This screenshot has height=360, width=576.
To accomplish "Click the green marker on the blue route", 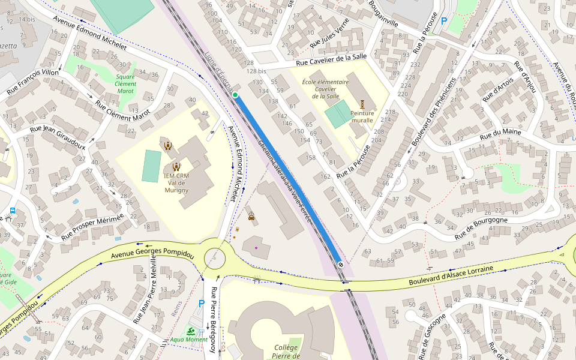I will [x=235, y=95].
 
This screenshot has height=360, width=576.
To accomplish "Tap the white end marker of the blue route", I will [x=341, y=263].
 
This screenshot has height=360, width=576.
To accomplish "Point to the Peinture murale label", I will [x=362, y=116].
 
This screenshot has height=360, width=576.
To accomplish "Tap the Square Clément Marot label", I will [x=125, y=83].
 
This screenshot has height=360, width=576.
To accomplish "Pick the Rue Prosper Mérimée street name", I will [x=97, y=227].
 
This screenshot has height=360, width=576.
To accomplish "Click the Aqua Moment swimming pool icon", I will [x=190, y=331].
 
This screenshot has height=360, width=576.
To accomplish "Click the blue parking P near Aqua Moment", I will [x=201, y=304].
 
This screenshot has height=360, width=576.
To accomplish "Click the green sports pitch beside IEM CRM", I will [x=152, y=166].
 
